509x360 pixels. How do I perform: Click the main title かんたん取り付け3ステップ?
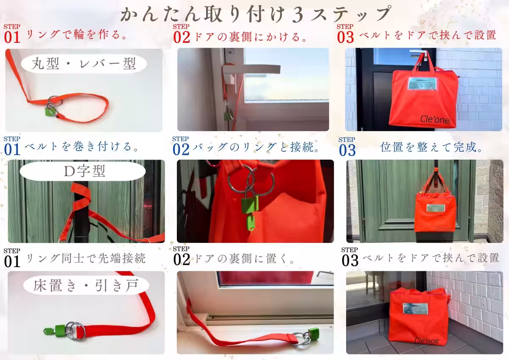(255, 14)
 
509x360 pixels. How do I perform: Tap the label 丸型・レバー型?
(84, 64)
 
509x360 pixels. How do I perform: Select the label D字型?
(84, 171)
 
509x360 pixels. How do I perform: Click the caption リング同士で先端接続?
(85, 258)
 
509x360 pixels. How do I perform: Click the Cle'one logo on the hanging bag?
(435, 120)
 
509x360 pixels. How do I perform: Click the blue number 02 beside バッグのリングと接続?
(182, 149)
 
